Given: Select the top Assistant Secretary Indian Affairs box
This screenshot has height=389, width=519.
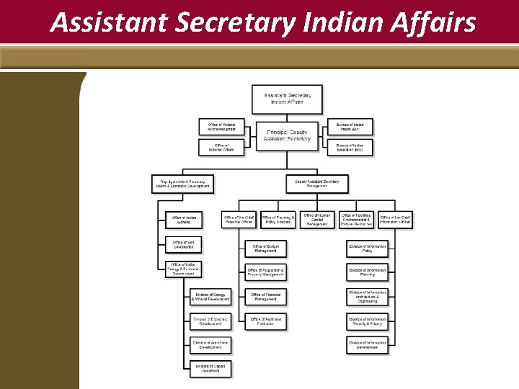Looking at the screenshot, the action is (287, 99).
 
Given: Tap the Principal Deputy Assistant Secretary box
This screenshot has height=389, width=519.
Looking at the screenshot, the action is (287, 135).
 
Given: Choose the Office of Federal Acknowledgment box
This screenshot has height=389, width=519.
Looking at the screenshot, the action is (221, 126).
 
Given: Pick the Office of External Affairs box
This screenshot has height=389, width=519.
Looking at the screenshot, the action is (221, 148).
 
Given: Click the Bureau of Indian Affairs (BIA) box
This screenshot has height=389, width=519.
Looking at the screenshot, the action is (350, 126).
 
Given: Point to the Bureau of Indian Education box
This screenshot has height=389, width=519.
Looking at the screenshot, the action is (350, 148).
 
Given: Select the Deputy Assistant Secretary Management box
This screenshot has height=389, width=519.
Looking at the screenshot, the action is (316, 184).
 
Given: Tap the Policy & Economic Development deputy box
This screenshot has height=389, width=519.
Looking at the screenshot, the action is (182, 184).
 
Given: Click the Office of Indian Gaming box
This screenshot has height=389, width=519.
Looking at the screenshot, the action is (183, 220).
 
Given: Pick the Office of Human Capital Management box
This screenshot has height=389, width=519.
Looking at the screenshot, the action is (317, 220).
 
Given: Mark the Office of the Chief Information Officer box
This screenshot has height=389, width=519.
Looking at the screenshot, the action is (395, 220).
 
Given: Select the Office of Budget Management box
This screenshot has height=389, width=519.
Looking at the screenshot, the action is (265, 249).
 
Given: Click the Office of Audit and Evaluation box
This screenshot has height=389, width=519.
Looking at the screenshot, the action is (265, 321).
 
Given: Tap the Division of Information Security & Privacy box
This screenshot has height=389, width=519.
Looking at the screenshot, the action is (367, 321).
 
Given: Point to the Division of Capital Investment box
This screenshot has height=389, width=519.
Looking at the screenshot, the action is (210, 368).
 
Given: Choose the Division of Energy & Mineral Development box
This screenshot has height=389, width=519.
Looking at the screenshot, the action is (210, 296).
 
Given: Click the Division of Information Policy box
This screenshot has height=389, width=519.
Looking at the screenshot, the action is (367, 249).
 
